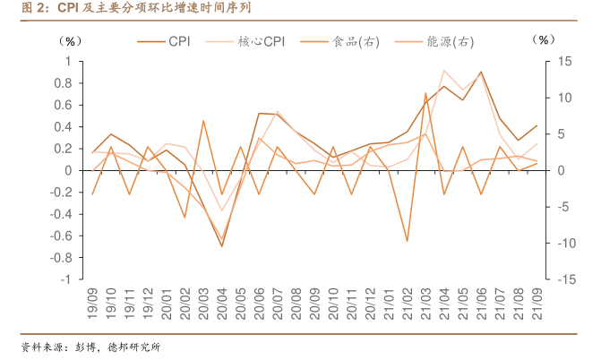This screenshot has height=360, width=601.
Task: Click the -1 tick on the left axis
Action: [x=66, y=279]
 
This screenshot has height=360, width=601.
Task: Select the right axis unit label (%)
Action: [x=544, y=40]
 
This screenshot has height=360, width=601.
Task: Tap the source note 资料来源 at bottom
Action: [x=90, y=347]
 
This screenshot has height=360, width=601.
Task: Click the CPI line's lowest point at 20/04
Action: [x=222, y=246]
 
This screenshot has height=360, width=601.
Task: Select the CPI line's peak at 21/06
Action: [x=481, y=72]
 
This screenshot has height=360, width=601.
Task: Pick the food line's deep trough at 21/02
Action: [x=408, y=241]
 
